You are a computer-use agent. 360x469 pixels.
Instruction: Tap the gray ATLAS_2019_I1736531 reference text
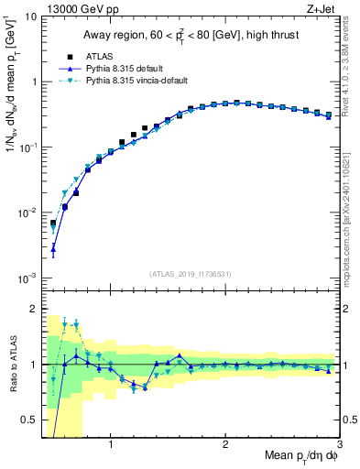pos(191,273)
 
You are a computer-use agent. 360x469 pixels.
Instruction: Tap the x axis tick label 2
pos(225,444)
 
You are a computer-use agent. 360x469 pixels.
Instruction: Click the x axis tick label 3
pos(340,444)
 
